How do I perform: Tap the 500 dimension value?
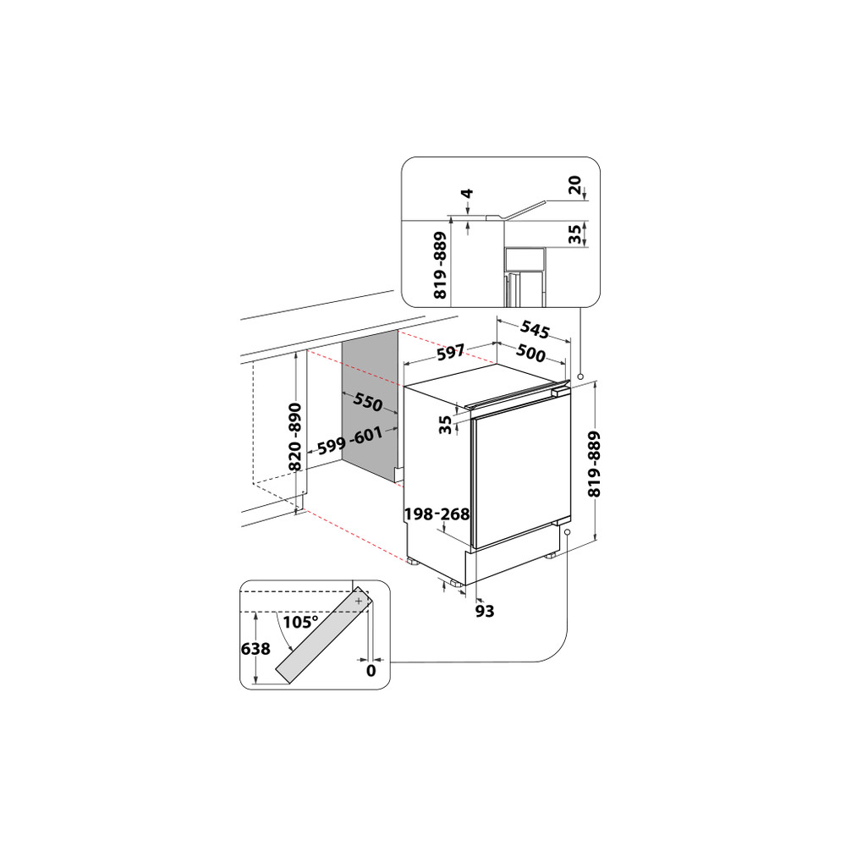530,354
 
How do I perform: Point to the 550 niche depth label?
368,403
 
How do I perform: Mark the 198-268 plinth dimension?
437,514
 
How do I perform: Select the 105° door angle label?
300,622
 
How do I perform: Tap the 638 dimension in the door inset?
255,650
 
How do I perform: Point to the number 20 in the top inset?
576,187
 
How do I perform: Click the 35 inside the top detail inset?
576,234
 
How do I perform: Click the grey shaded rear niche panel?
370,406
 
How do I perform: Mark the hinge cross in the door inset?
359,600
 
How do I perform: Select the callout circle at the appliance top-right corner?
580,376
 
